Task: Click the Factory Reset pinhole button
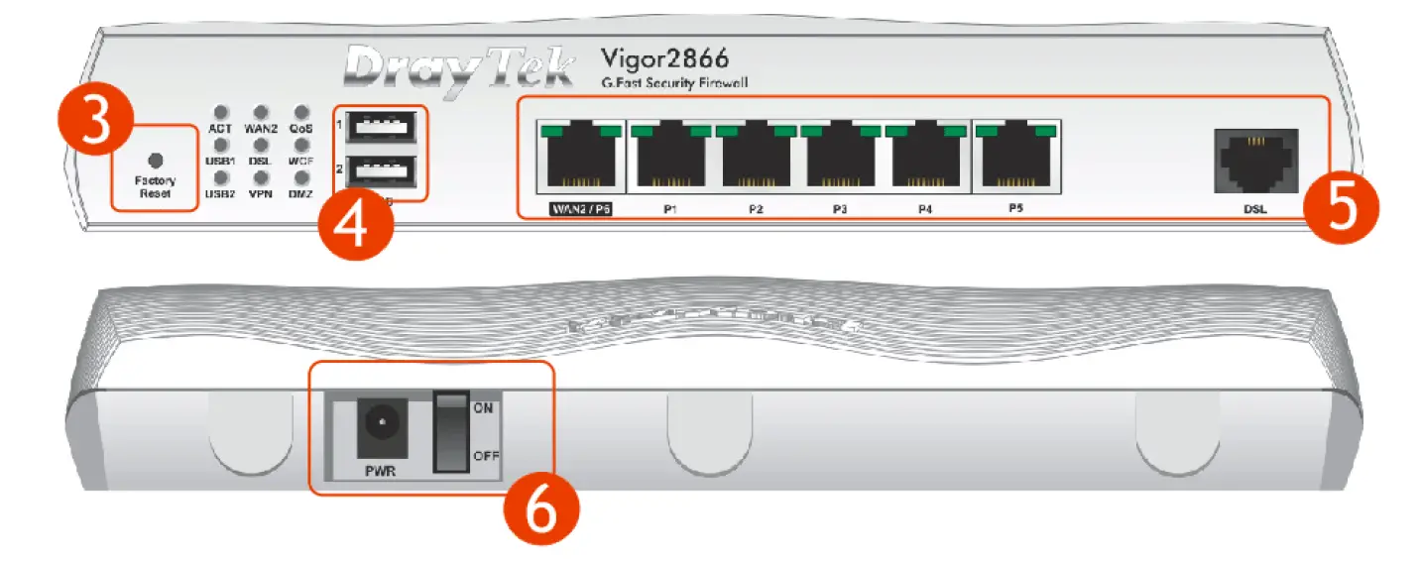pos(154,160)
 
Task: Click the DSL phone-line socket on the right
pos(1255,158)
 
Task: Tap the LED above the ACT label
pos(221,113)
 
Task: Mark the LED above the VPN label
pos(261,178)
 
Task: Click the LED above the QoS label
pos(301,113)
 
